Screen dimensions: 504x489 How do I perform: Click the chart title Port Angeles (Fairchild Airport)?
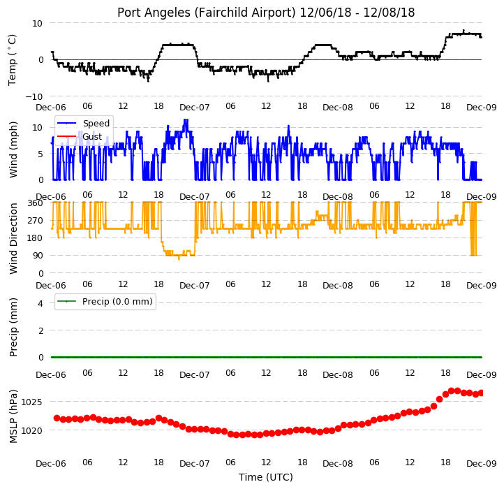point(207,13)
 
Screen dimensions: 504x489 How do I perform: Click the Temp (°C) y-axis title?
point(12,60)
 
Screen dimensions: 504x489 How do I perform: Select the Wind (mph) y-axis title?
point(13,149)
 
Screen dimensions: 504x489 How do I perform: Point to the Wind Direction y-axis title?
point(13,238)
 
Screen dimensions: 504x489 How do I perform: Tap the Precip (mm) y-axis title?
point(13,327)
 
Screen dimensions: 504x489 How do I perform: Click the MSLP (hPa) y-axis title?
point(13,416)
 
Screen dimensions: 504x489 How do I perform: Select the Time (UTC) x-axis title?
point(266,477)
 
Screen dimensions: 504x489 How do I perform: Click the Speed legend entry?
point(96,124)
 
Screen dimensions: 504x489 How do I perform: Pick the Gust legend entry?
point(92,137)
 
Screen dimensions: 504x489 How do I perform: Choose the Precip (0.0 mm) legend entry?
point(117,302)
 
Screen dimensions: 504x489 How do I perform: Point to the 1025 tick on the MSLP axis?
point(32,402)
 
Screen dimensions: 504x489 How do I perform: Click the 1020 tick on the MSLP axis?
point(32,430)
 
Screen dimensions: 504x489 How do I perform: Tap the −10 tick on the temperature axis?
point(34,96)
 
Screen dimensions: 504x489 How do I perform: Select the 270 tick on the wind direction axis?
point(36,221)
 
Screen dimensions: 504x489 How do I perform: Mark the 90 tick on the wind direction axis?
point(38,256)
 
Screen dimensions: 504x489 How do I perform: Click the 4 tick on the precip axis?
point(40,303)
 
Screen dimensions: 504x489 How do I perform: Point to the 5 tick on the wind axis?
point(40,154)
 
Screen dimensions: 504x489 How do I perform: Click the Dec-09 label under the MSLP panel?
point(482,464)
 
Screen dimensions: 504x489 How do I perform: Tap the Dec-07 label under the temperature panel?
point(195,108)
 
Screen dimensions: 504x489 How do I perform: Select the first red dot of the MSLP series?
point(57,418)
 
